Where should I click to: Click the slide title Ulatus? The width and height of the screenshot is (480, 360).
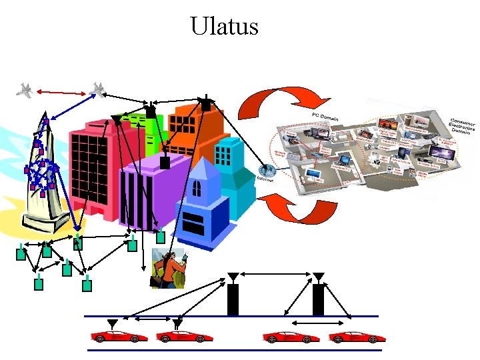click(x=224, y=27)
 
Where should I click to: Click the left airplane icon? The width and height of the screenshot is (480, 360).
click(x=26, y=90)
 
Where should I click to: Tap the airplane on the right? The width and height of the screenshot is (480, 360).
click(x=99, y=89)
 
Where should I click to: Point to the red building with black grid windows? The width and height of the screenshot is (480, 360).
click(x=90, y=167)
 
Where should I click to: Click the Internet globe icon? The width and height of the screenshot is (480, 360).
click(x=267, y=171)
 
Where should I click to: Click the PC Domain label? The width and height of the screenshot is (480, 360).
click(x=325, y=119)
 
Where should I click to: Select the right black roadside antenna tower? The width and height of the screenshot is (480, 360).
click(x=319, y=296)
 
